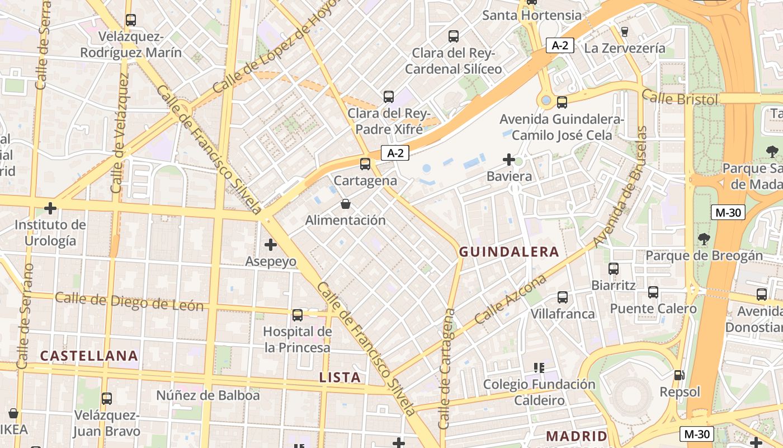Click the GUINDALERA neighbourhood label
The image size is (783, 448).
(x=509, y=252)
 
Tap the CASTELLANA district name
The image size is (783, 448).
(x=89, y=356)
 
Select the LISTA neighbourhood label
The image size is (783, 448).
(x=340, y=377)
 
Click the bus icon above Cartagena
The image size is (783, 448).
(x=365, y=164)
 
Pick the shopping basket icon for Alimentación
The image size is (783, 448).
(x=346, y=204)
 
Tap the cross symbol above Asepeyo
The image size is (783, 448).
(x=271, y=245)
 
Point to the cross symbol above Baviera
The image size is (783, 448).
(x=508, y=160)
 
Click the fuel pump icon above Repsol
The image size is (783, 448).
(x=680, y=375)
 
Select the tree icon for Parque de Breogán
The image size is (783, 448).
(x=704, y=239)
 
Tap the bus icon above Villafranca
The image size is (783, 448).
(x=563, y=297)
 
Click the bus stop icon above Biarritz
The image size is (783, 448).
(x=614, y=269)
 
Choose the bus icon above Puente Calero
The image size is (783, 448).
(x=653, y=292)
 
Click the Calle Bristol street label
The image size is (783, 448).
(x=680, y=97)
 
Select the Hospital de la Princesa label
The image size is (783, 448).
(x=298, y=339)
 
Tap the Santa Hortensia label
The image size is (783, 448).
(x=532, y=15)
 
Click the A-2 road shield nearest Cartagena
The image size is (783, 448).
(x=395, y=153)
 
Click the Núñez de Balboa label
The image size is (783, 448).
(x=208, y=395)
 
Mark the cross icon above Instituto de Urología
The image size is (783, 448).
(x=50, y=209)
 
